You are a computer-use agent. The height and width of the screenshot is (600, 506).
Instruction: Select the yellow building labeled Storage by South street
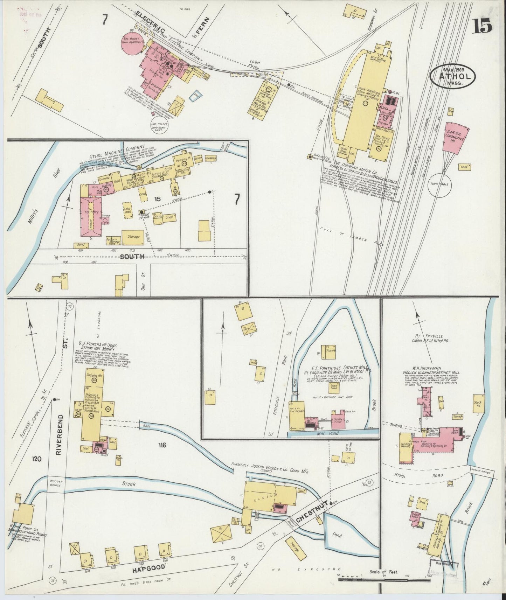click(133, 237)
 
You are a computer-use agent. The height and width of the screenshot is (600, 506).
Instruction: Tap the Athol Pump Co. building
click(23, 516)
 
